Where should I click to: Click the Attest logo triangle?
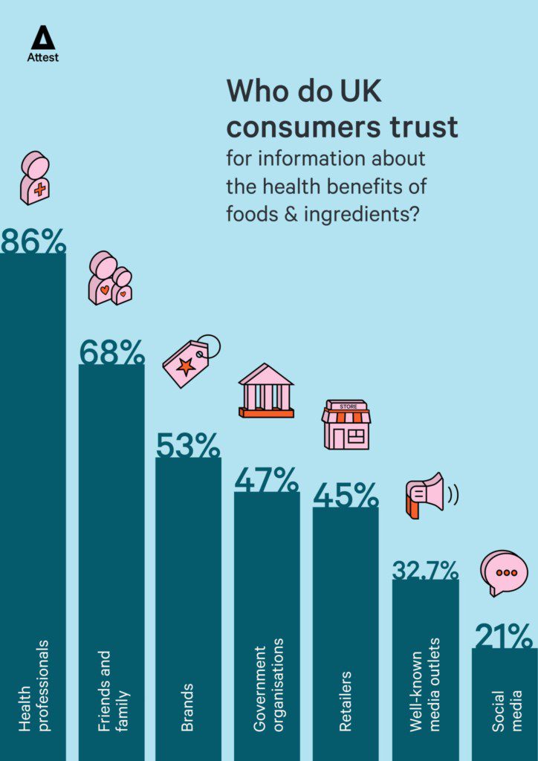[x=43, y=37]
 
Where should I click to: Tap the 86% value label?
[x=33, y=242]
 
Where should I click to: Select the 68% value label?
[x=111, y=352]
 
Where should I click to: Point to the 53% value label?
[x=188, y=445]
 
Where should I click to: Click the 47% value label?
[x=267, y=480]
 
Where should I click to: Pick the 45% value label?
[x=345, y=496]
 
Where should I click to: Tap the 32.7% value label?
[x=425, y=570]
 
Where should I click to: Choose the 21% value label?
[x=504, y=637]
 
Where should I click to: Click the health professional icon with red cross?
[x=35, y=178]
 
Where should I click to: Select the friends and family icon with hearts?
[x=109, y=279]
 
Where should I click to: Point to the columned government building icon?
[x=266, y=390]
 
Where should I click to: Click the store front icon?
[x=346, y=424]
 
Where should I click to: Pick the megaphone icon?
[x=427, y=494]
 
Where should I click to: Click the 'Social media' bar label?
[x=508, y=710]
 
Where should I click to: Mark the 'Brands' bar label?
[x=187, y=707]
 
